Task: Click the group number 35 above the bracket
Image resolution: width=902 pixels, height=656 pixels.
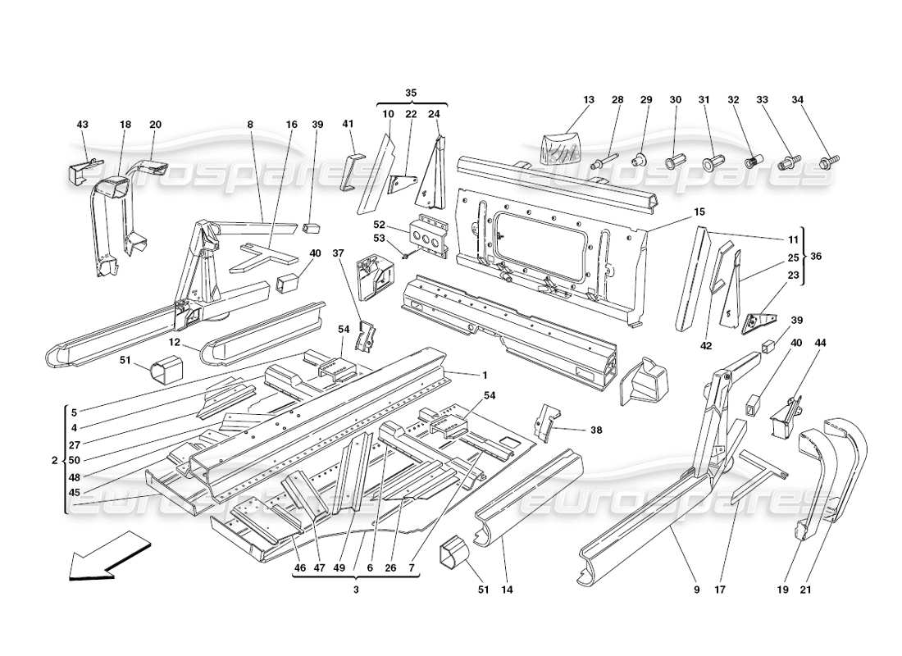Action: pos(411,93)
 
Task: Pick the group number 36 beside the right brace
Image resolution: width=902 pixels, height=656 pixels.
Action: pos(814,257)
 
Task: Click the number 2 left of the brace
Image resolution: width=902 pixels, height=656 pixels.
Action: pos(55,460)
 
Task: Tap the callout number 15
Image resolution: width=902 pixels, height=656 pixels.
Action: pos(699,212)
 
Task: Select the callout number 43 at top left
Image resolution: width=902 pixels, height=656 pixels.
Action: pos(82,125)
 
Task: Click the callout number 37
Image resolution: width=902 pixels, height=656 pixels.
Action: pos(337,253)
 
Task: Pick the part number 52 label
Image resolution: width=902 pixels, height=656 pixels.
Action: pos(379,224)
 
